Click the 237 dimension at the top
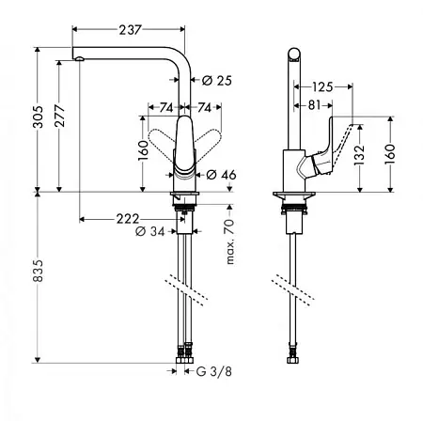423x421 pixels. click(x=130, y=30)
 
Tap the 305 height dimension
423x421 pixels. click(x=39, y=117)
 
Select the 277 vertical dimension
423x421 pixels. click(x=60, y=116)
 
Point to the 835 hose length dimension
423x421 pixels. click(x=39, y=271)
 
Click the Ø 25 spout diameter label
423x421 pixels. click(x=217, y=81)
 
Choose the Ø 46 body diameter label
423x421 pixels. click(x=221, y=175)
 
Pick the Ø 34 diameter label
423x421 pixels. click(x=149, y=231)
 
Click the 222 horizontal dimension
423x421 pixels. click(x=128, y=219)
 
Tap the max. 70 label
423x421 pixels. click(x=230, y=242)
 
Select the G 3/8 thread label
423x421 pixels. click(x=214, y=371)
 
